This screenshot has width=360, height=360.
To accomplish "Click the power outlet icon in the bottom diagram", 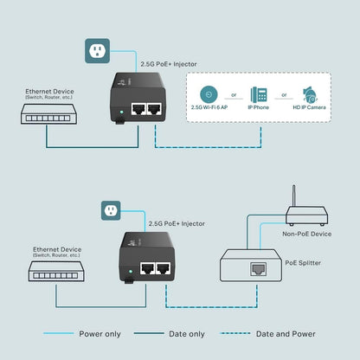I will tap(111, 210).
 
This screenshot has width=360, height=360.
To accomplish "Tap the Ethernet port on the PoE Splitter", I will tap(259, 268).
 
